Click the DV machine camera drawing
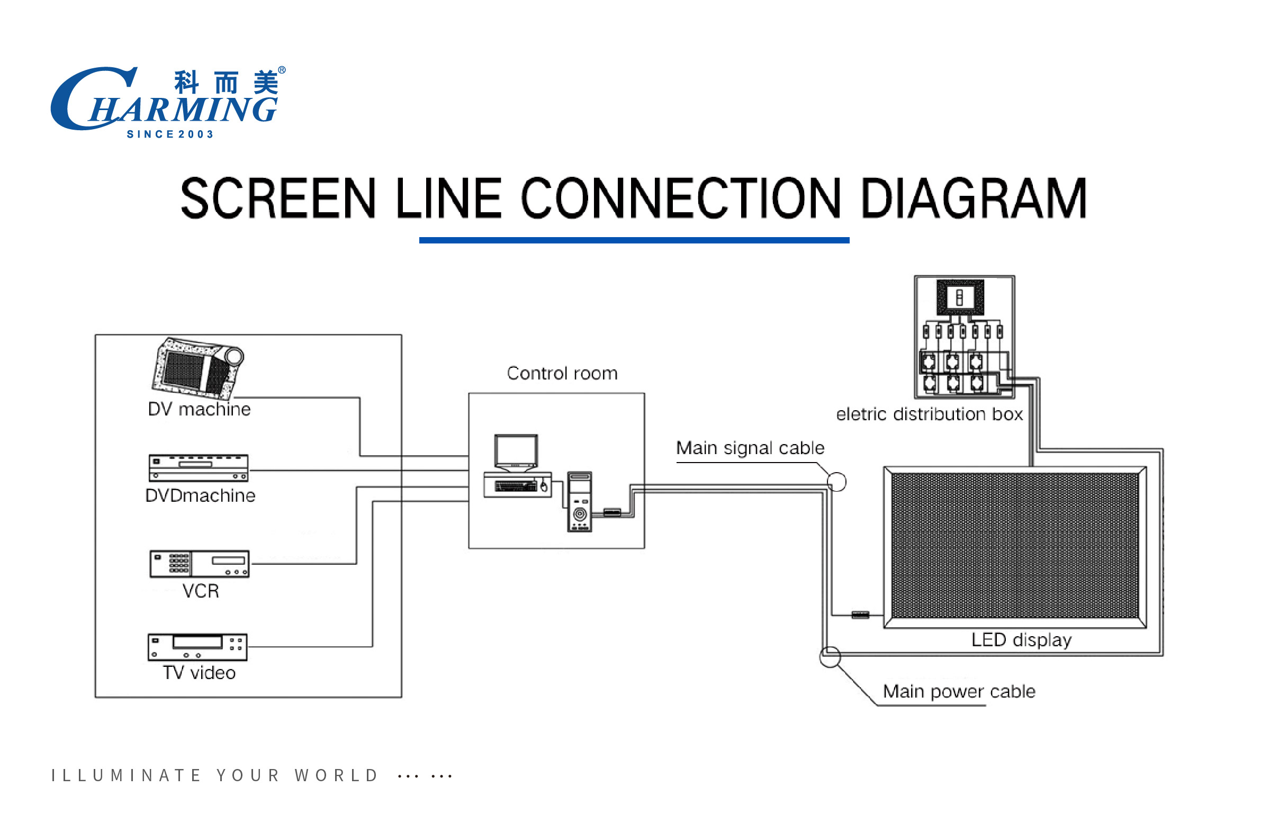click(197, 368)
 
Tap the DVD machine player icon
click(199, 467)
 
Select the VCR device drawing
click(200, 564)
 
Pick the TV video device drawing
click(197, 647)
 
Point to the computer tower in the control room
click(580, 501)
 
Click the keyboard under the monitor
click(517, 485)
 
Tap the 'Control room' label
click(562, 373)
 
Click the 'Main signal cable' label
click(750, 448)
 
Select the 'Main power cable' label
click(959, 691)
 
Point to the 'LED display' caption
click(1021, 640)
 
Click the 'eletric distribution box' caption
click(929, 414)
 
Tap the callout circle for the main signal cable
click(836, 482)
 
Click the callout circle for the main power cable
click(830, 657)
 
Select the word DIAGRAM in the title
click(974, 198)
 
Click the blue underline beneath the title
click(634, 240)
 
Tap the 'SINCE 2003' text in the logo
click(170, 134)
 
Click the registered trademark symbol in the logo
click(282, 70)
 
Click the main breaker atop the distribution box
click(960, 296)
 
